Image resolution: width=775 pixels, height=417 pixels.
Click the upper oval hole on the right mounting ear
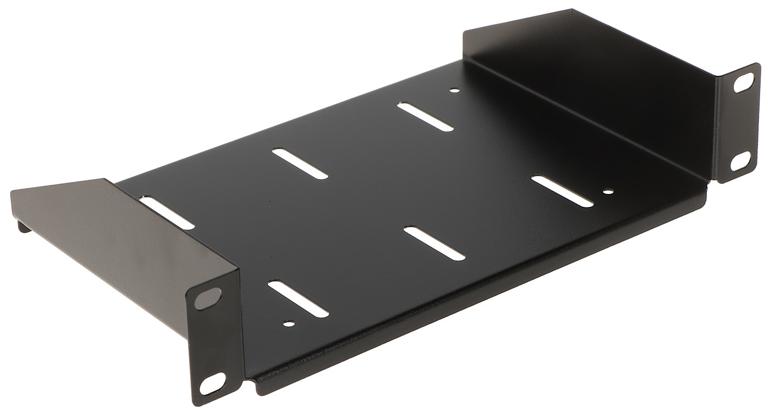click(x=743, y=83)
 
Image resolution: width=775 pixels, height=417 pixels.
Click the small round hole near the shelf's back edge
click(x=454, y=91)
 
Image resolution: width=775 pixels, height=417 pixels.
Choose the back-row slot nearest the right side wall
click(x=426, y=117)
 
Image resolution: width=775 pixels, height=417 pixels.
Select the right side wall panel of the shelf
click(x=594, y=77)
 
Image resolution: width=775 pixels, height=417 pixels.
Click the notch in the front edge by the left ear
click(x=249, y=383)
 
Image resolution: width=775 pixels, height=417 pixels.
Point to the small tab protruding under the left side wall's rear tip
click(x=23, y=226)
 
